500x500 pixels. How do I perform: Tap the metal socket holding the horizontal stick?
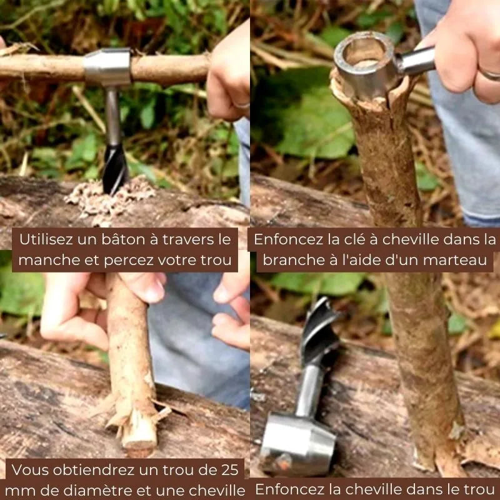[107, 67]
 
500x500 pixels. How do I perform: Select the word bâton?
[131, 239]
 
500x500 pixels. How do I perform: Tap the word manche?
[46, 260]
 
